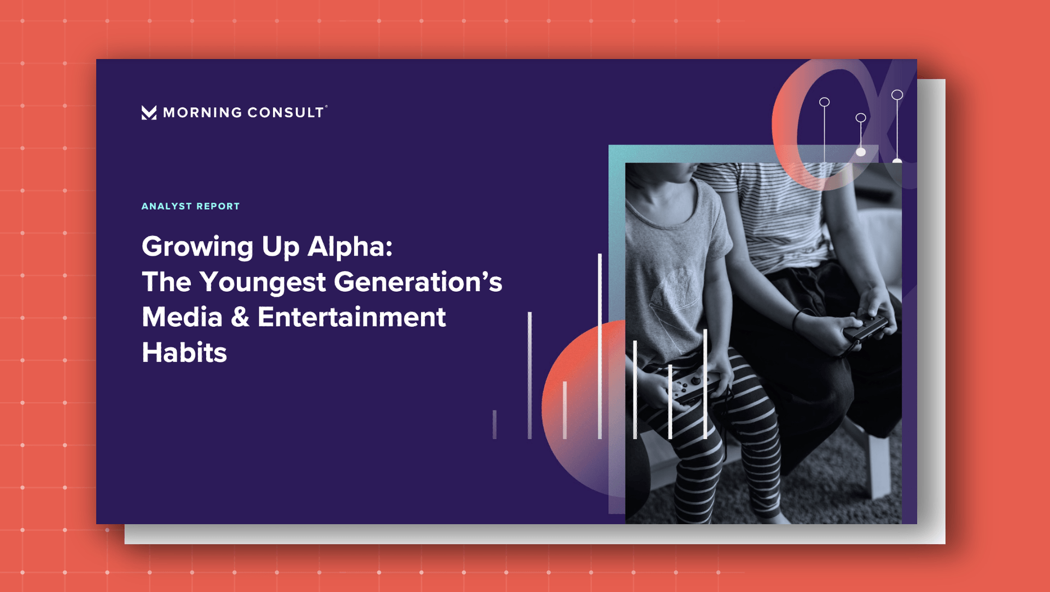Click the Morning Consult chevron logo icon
[149, 112]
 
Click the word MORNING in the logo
[202, 113]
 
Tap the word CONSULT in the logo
[285, 113]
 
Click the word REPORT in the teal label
[218, 206]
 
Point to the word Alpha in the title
[350, 246]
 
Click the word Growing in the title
[197, 247]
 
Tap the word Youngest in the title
[262, 283]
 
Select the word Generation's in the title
[418, 282]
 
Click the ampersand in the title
[240, 317]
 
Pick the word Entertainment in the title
[352, 317]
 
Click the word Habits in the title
[184, 352]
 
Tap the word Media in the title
[182, 317]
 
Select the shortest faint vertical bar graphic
[494, 424]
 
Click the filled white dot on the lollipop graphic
[861, 152]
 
